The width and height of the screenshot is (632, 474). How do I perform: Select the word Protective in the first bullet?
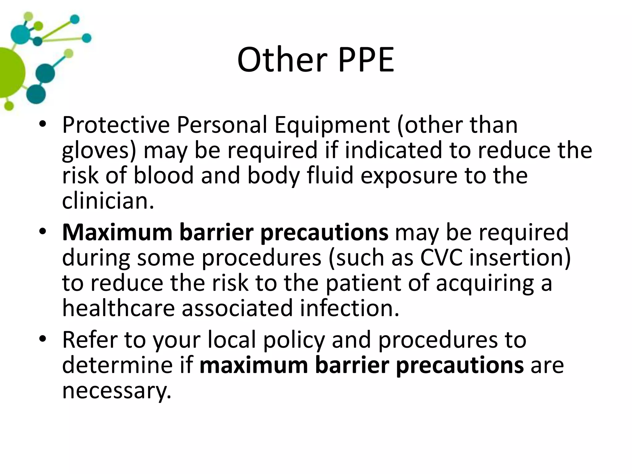(116, 125)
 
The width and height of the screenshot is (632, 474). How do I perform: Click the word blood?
(163, 175)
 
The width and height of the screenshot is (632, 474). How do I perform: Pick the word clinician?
(108, 201)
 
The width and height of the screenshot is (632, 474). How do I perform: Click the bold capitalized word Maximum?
(117, 232)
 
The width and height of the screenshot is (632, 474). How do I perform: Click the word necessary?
(116, 391)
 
